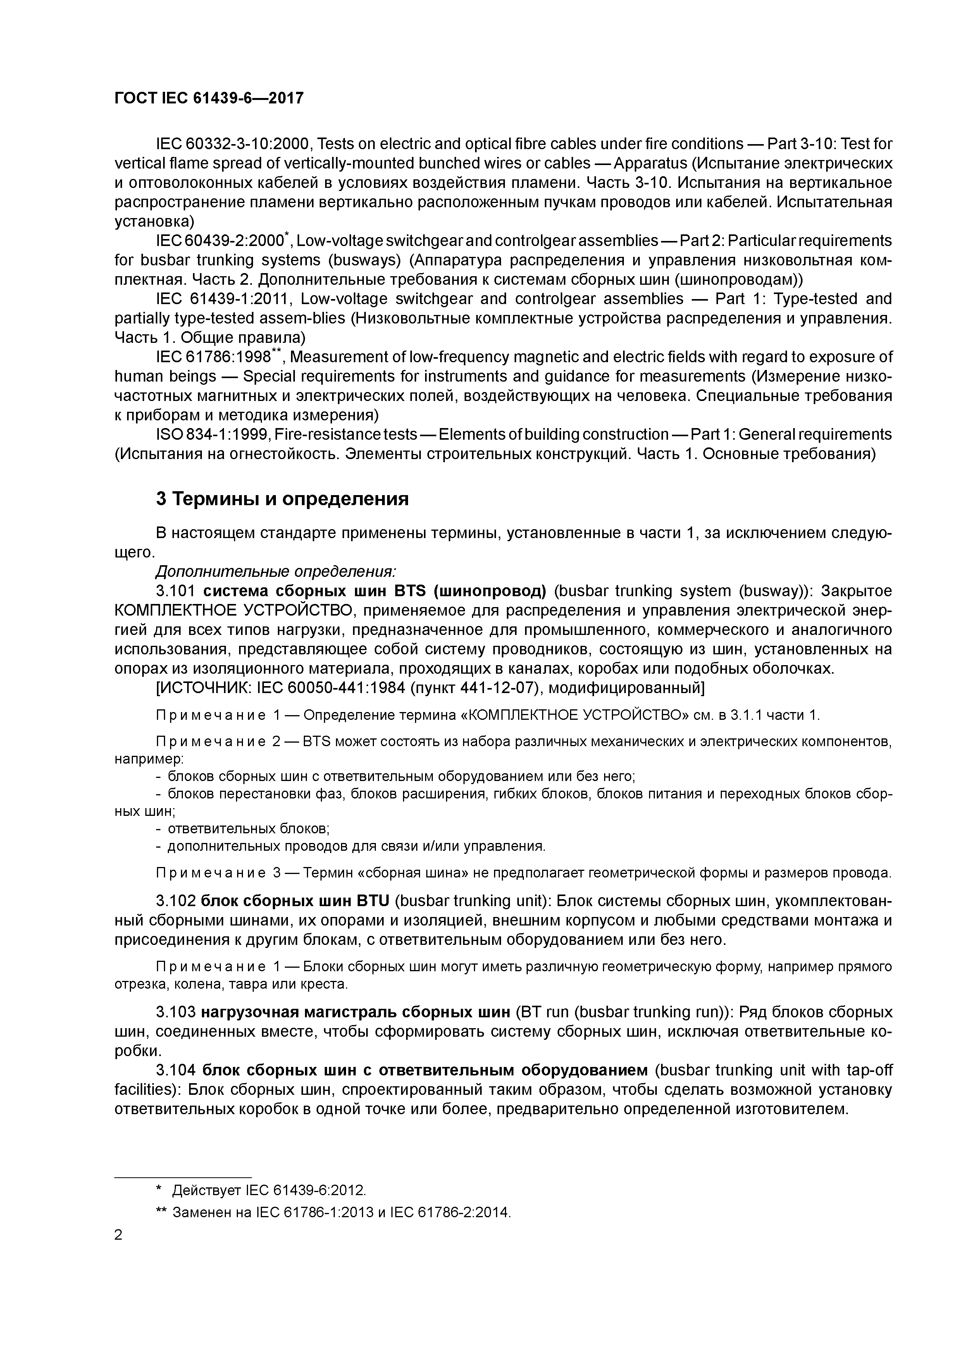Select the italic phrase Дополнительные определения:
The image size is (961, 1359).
coord(276,572)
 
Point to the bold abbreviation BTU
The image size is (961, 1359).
coord(372,901)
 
